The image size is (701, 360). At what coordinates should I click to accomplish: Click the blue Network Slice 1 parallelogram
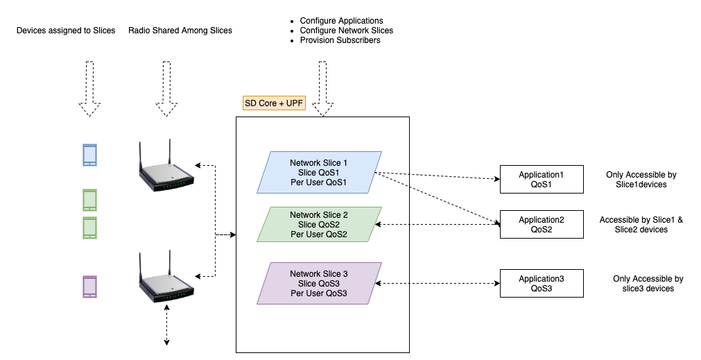320,172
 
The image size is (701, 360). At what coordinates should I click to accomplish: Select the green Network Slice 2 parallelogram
320,224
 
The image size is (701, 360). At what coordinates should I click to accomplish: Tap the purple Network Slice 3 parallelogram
320,283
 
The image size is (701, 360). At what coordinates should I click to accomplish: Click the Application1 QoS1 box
542,180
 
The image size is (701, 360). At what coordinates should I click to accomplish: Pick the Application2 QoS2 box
542,225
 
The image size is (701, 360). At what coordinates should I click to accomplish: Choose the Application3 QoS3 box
542,284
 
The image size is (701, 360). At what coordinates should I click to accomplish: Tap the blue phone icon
89,155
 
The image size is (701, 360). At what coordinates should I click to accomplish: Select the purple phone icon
89,286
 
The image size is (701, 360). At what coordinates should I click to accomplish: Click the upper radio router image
165,169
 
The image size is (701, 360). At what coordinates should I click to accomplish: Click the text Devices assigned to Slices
66,31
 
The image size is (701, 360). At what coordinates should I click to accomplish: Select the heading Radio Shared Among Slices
180,31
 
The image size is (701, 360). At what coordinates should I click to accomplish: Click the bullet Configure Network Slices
346,31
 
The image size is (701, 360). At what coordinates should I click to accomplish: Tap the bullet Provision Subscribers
340,40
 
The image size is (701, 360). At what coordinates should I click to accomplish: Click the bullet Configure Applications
341,21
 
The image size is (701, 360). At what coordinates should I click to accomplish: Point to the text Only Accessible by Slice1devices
641,180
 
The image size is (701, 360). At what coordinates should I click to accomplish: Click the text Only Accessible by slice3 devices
648,284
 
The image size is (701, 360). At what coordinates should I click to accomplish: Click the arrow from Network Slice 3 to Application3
440,283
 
